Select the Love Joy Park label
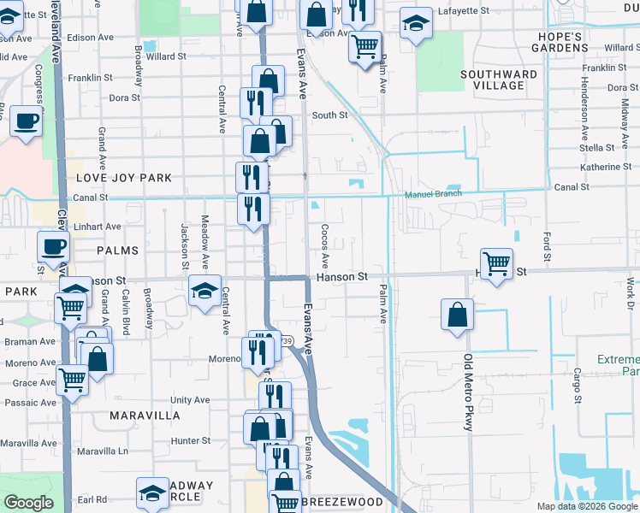pyautogui.click(x=124, y=178)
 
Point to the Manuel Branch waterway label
pyautogui.click(x=433, y=194)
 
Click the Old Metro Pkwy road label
pyautogui.click(x=468, y=393)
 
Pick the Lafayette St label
pyautogui.click(x=462, y=11)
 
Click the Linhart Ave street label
pyautogui.click(x=96, y=227)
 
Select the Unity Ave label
pyautogui.click(x=190, y=399)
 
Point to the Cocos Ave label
pyautogui.click(x=324, y=245)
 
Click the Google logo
pyautogui.click(x=28, y=503)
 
